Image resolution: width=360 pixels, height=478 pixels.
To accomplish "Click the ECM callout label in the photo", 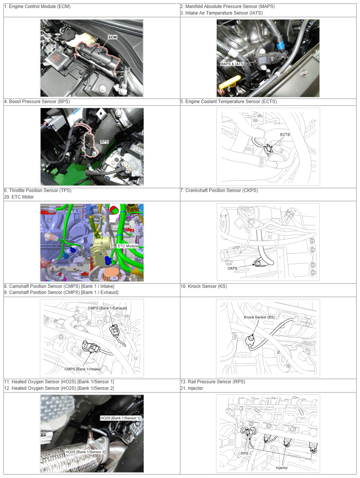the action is click(x=113, y=37).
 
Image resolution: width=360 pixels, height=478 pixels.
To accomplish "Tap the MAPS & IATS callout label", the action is click(x=231, y=64).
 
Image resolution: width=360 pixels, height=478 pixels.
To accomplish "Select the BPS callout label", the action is click(x=104, y=141).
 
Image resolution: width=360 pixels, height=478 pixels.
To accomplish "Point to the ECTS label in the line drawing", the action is click(x=285, y=135).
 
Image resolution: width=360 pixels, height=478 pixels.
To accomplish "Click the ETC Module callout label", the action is click(x=128, y=246).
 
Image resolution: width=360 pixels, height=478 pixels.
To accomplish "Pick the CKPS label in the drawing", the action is click(x=232, y=268).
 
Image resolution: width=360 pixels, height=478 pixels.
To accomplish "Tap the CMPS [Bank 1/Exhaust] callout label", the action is click(x=107, y=308).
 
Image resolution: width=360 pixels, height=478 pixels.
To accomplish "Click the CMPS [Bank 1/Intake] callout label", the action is click(x=82, y=369).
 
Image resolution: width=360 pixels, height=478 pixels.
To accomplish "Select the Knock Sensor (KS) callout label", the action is click(x=259, y=317).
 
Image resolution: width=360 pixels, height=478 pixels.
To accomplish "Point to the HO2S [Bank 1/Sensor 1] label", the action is click(x=120, y=418).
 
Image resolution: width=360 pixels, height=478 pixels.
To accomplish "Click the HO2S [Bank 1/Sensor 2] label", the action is click(x=85, y=452).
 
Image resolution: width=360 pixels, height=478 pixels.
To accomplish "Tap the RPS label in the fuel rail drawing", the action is click(x=244, y=453).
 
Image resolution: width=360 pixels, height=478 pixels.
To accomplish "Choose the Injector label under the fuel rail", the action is click(x=282, y=468).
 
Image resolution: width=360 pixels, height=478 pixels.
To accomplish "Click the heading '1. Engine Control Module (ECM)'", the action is click(x=37, y=7).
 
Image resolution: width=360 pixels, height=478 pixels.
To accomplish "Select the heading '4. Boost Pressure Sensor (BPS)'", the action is click(x=37, y=102).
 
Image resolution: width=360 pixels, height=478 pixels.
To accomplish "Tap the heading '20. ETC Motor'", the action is click(x=19, y=197).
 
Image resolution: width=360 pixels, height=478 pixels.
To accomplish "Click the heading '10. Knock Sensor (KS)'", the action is click(x=204, y=286).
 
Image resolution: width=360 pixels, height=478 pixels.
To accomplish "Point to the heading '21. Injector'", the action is click(x=191, y=388).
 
